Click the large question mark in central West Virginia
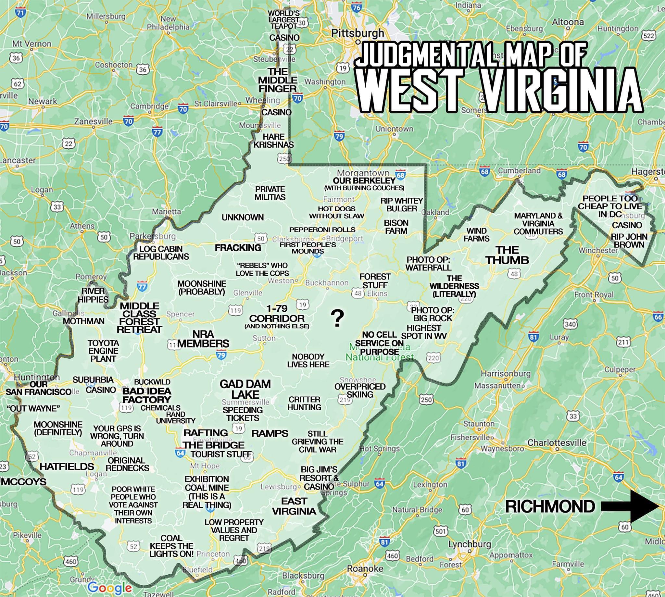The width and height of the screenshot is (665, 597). point(337,318)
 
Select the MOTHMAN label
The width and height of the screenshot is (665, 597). point(84,321)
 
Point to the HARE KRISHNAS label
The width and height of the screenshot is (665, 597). point(273,140)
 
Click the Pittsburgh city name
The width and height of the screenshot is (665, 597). point(357,33)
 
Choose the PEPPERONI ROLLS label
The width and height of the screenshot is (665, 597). point(322,229)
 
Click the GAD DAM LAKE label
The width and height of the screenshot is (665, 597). point(245,389)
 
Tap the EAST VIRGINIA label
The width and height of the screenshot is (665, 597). point(294,506)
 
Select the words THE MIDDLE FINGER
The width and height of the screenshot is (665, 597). point(277,80)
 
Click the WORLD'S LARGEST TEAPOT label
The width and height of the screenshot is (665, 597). point(283,19)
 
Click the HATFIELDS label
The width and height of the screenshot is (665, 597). point(67,466)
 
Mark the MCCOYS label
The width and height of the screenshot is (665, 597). point(23,481)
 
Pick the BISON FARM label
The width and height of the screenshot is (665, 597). point(396,227)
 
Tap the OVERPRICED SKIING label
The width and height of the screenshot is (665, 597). point(360,390)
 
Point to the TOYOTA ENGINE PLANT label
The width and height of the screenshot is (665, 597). point(103,351)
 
